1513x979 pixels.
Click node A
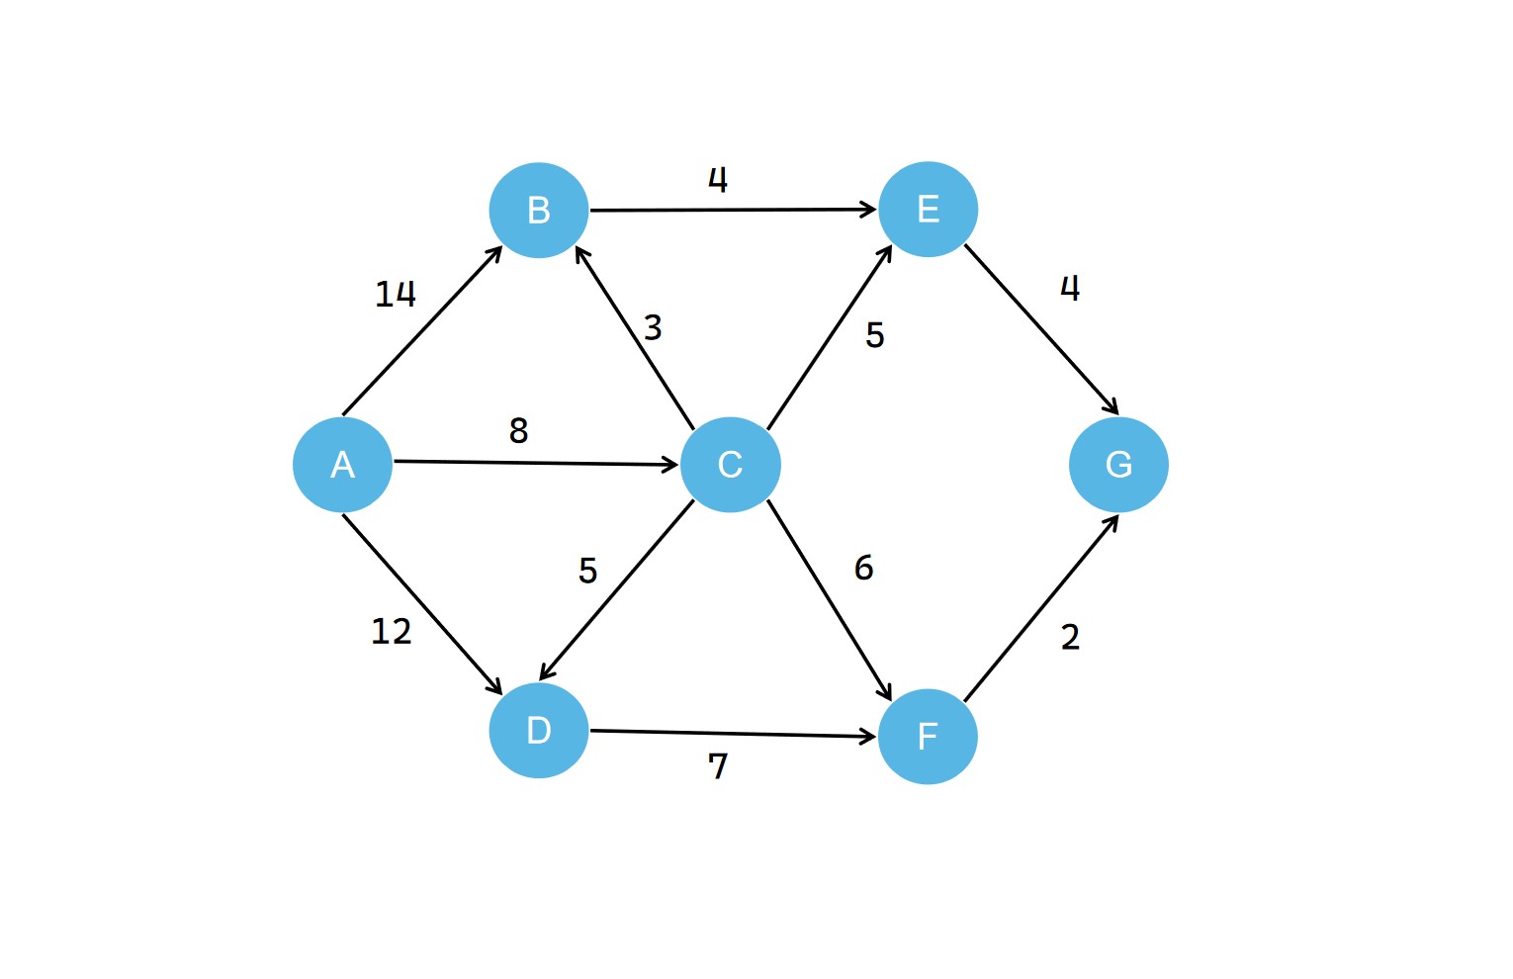click(x=342, y=465)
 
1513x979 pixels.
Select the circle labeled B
click(x=539, y=210)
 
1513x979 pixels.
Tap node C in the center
click(x=730, y=465)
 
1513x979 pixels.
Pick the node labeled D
click(x=539, y=731)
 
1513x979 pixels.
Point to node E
click(x=928, y=209)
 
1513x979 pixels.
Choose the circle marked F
click(x=928, y=737)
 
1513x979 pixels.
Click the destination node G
click(x=1118, y=465)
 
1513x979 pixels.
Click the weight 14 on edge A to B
click(x=395, y=294)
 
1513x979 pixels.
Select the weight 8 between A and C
click(x=518, y=430)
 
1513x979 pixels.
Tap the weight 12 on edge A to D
click(x=391, y=631)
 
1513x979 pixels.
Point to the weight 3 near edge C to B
click(x=653, y=327)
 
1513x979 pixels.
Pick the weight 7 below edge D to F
click(x=718, y=766)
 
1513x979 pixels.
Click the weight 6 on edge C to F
click(x=863, y=568)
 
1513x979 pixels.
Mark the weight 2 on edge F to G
click(x=1070, y=637)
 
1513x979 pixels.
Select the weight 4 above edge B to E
click(x=718, y=179)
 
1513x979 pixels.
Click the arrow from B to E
click(x=732, y=210)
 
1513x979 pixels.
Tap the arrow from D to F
click(x=732, y=734)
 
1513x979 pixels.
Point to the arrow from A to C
click(x=534, y=463)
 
